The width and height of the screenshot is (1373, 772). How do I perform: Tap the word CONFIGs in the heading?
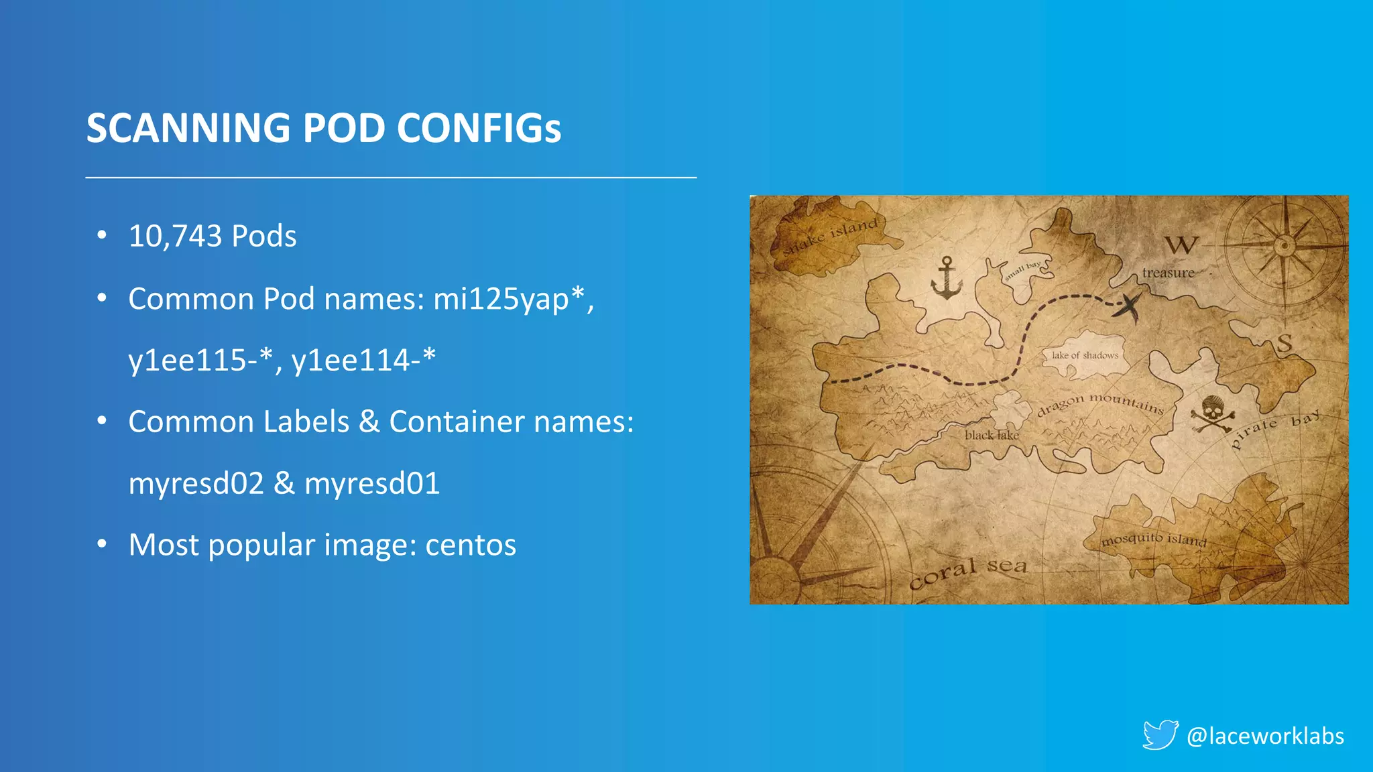479,128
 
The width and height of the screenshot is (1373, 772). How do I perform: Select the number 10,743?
175,236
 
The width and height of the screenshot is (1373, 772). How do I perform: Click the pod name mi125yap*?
509,299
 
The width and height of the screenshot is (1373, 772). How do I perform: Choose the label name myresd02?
196,483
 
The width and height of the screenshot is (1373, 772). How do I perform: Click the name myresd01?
372,483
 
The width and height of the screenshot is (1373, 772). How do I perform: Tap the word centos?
471,545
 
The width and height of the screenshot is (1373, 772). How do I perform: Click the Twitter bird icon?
1160,734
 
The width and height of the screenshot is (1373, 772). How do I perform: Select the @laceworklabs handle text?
1265,736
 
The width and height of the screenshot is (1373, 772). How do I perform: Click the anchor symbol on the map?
947,277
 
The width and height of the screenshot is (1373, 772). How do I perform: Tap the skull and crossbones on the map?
1212,414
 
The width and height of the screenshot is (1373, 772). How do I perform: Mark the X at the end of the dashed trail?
1128,307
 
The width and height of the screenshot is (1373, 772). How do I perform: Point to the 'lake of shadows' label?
1085,355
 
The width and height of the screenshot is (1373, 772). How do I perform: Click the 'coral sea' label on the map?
968,571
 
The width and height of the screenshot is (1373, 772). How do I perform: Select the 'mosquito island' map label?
1153,539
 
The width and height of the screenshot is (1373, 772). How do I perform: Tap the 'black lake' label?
992,435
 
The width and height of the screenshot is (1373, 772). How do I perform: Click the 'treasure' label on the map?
1168,273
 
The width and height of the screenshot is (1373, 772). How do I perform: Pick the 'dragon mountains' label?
1099,403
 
